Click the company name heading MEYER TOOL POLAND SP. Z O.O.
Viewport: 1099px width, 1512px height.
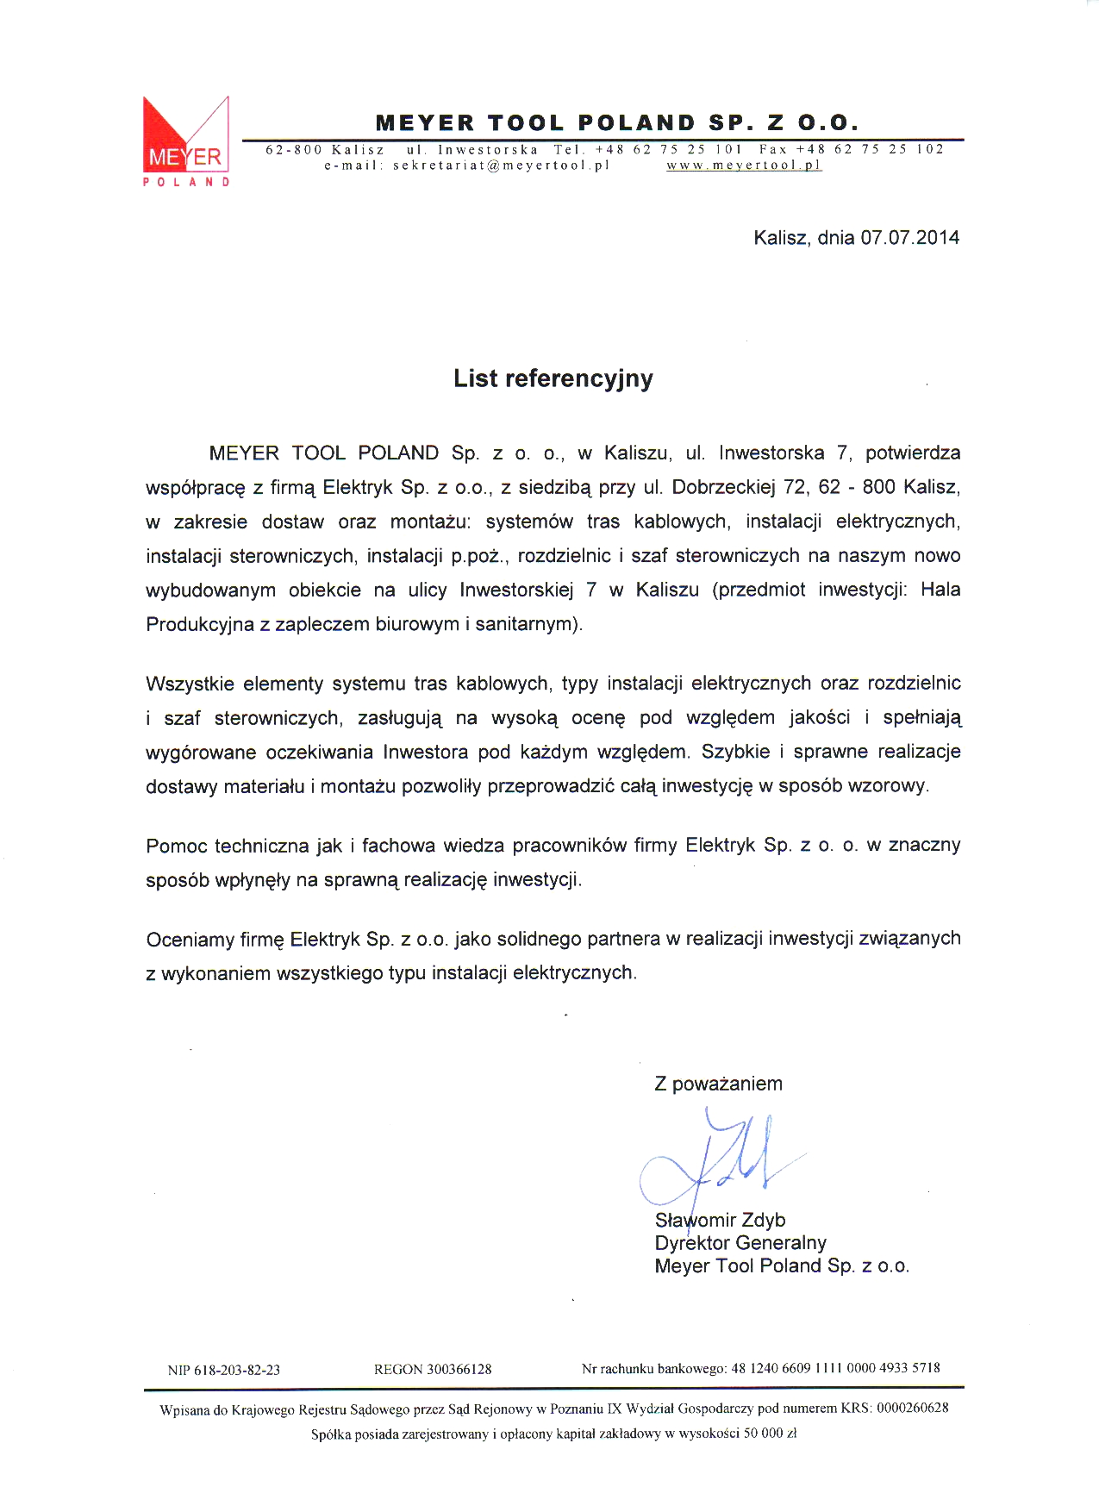point(617,122)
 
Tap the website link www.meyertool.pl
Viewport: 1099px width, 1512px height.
point(744,166)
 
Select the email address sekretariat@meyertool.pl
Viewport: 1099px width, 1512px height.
point(501,166)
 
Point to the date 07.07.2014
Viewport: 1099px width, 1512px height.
point(909,238)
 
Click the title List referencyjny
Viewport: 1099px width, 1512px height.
point(553,378)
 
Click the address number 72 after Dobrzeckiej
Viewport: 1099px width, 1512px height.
point(795,487)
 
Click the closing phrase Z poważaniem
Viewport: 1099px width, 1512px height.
point(718,1084)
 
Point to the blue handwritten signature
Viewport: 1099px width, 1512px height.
point(715,1159)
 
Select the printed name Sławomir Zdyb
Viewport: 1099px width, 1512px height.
point(721,1221)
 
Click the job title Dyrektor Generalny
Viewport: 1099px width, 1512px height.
point(740,1243)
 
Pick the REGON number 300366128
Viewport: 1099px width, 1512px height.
point(459,1369)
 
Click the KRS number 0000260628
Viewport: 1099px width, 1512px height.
point(912,1409)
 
